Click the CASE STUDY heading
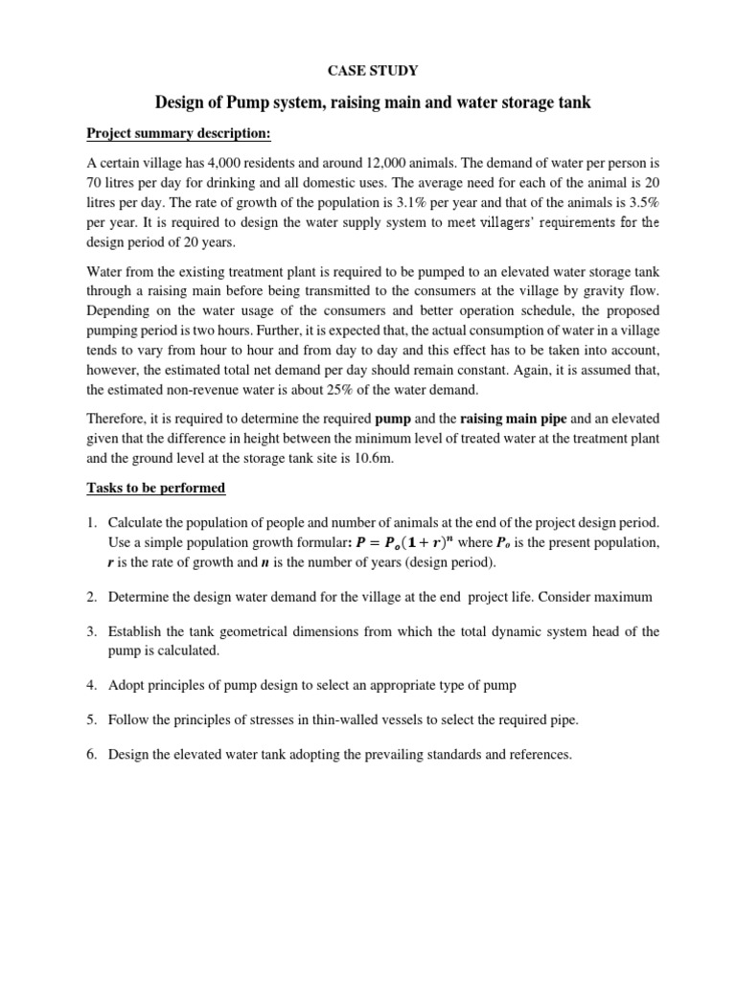(367, 70)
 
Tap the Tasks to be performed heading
(156, 489)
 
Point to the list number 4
(92, 685)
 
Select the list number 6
(92, 755)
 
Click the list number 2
(92, 597)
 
